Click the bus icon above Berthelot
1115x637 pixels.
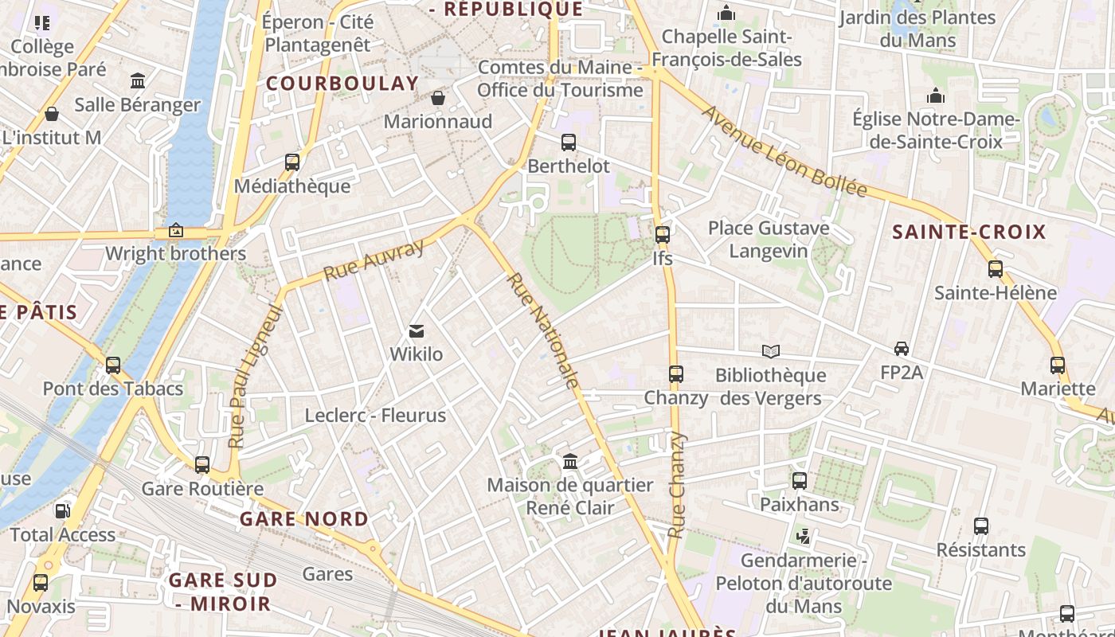point(569,143)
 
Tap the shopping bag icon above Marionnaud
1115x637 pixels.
point(437,98)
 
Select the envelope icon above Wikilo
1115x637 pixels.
point(416,331)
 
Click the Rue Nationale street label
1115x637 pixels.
point(542,331)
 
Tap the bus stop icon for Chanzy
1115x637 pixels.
point(676,373)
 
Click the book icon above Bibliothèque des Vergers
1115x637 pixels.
point(770,351)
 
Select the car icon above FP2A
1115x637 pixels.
point(902,348)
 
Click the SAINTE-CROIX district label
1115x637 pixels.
point(968,233)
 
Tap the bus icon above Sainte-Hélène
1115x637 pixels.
point(996,269)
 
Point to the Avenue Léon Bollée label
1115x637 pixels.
point(784,150)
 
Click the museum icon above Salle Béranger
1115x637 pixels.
point(138,81)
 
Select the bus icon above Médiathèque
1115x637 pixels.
point(292,162)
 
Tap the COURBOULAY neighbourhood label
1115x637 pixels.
point(342,84)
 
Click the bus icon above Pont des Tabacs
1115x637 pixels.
point(113,365)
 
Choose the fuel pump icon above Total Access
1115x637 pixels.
point(62,511)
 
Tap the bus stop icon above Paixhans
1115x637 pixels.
point(800,481)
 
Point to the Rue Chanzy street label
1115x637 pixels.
point(676,485)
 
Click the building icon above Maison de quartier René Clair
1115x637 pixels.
point(570,462)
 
